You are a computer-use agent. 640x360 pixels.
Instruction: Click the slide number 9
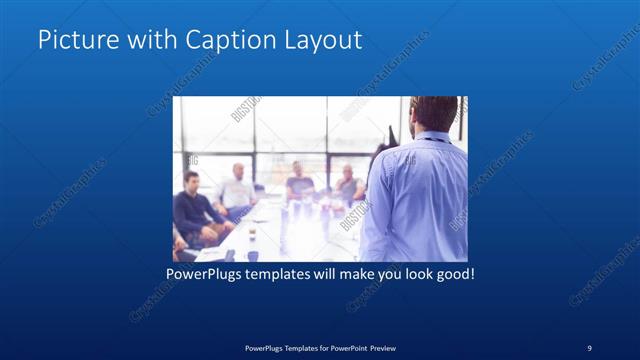click(589, 347)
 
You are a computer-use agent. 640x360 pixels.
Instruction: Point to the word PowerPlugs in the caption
click(204, 273)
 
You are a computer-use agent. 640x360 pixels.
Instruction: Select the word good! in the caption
click(452, 273)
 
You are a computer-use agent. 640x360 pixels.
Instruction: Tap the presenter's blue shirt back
click(415, 195)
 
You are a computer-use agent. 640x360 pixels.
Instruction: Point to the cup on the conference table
click(251, 238)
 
